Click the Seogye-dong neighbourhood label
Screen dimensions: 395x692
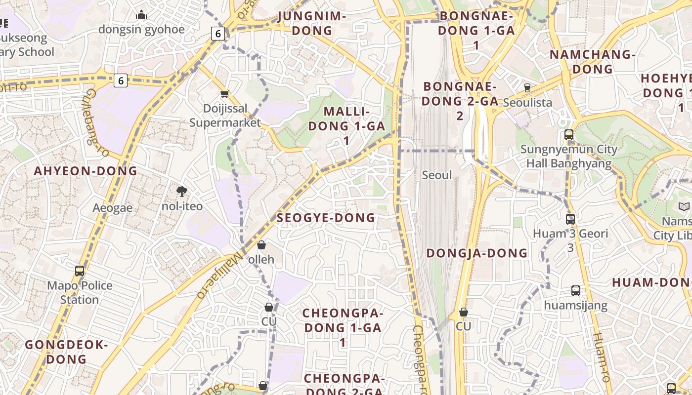326,218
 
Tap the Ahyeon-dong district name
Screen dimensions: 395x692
85,171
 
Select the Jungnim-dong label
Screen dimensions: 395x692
311,23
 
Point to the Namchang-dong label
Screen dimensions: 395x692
592,62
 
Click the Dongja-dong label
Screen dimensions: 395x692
477,253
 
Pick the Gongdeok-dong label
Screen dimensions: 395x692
66,352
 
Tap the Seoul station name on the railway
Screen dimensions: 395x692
437,175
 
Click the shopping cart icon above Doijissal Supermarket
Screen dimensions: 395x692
224,94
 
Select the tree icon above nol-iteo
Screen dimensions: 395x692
181,192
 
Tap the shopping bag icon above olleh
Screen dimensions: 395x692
261,245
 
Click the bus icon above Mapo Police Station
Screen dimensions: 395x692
80,271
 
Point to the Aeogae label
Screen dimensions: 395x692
113,208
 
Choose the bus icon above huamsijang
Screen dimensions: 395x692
575,291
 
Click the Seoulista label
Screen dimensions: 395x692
527,103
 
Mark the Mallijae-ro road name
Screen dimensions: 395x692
219,274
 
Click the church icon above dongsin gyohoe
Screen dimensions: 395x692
141,15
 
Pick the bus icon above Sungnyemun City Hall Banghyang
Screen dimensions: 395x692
569,134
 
